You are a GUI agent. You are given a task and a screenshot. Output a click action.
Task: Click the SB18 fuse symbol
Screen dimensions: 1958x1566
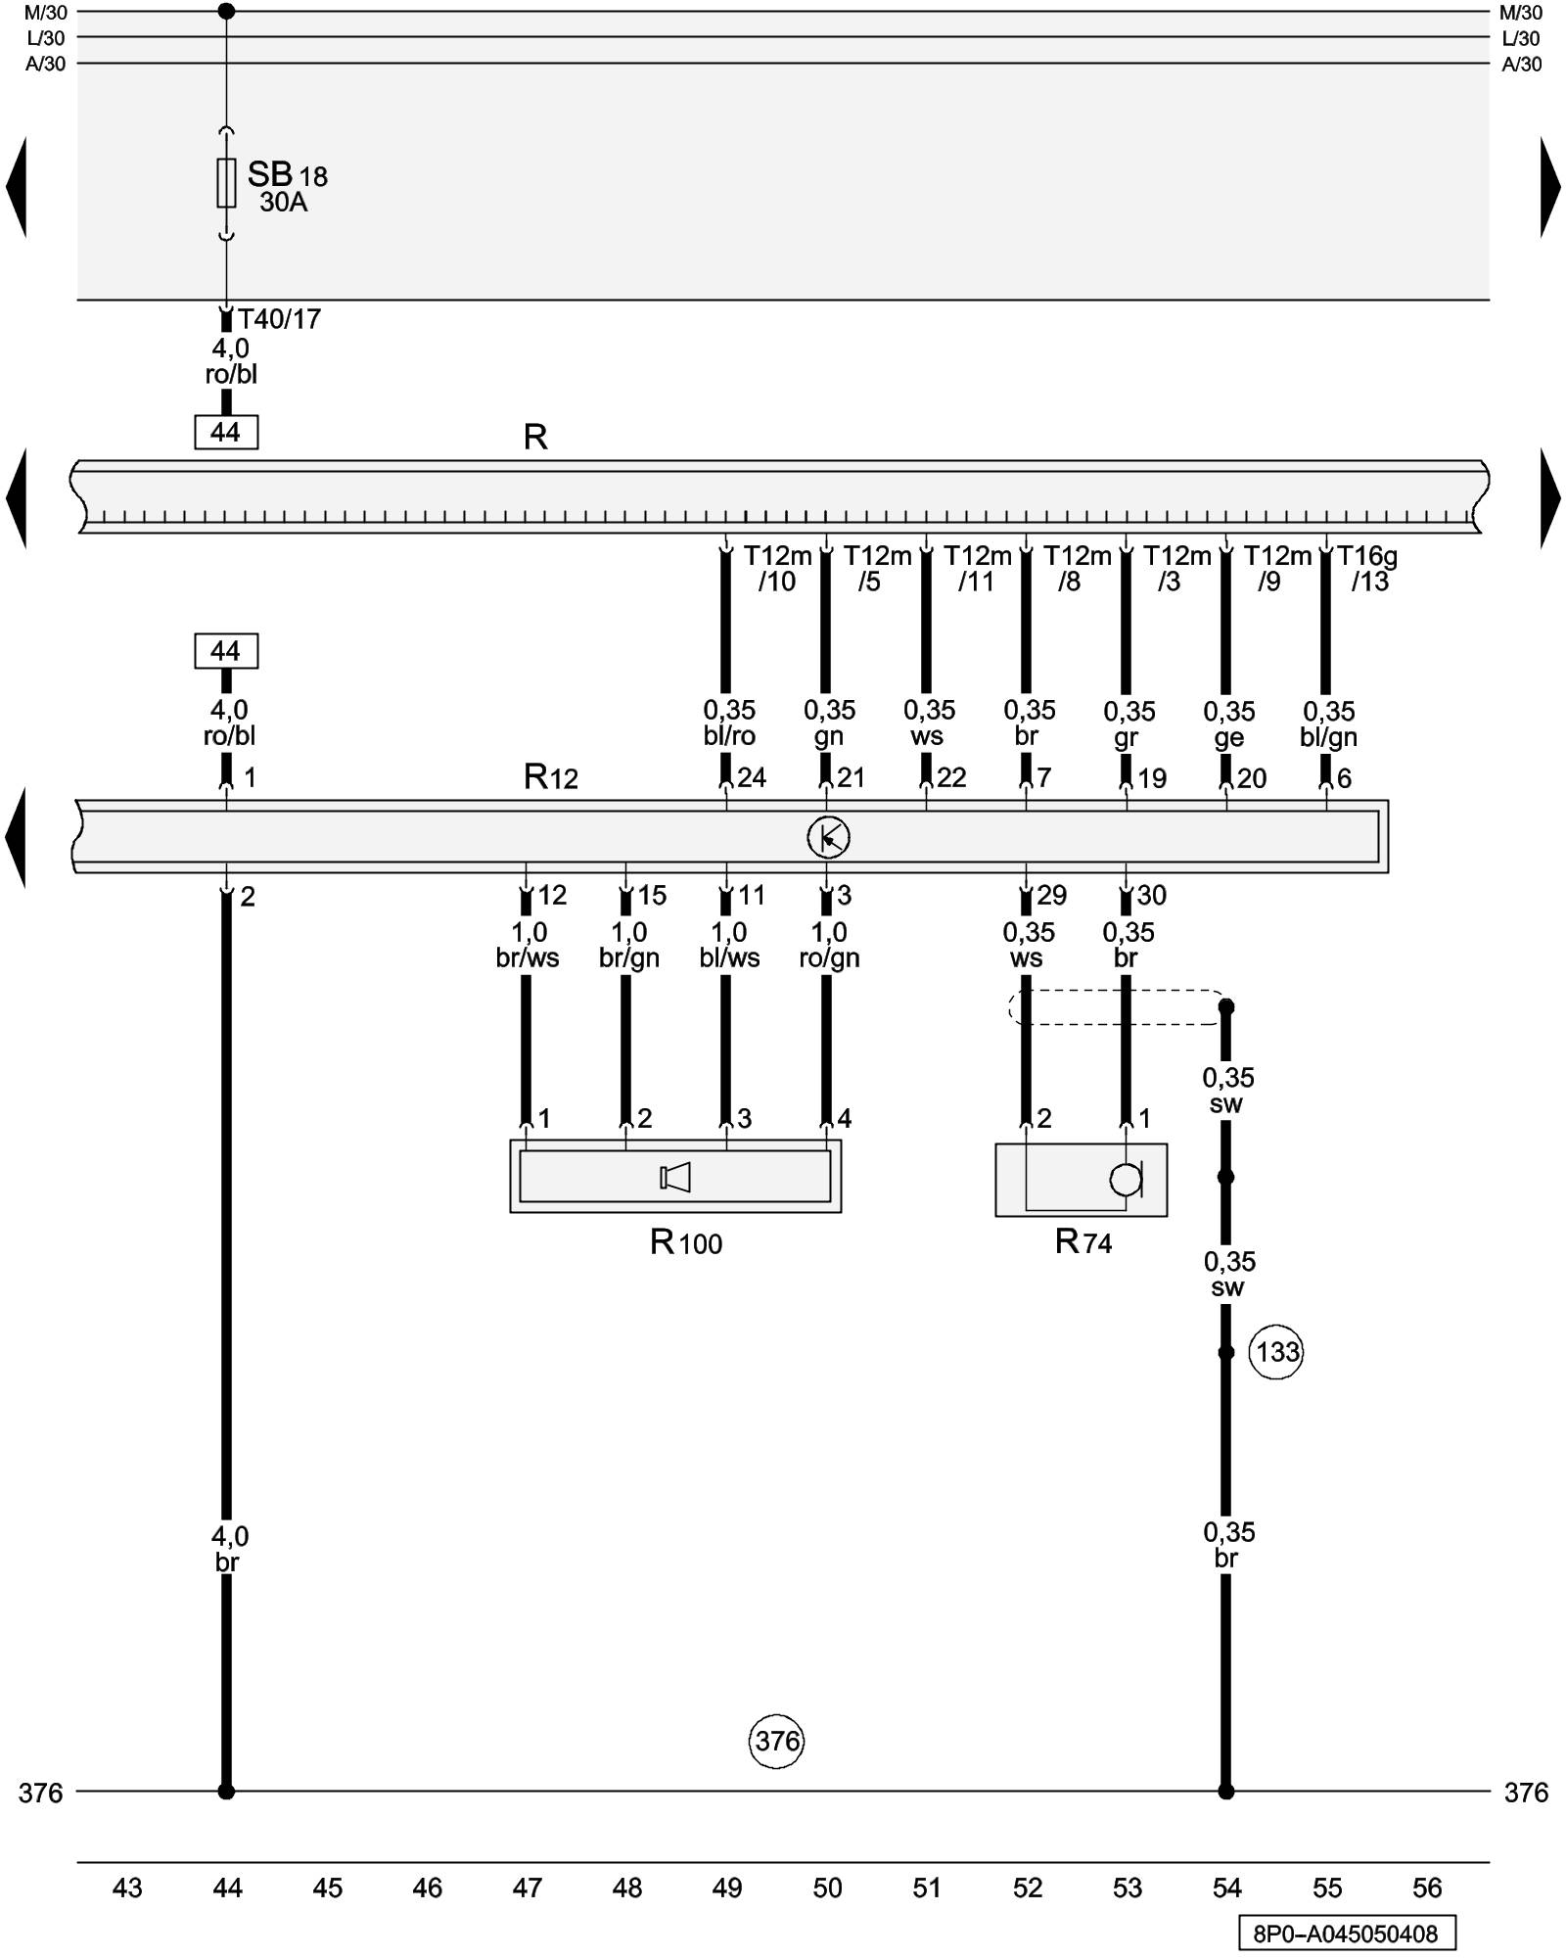click(226, 183)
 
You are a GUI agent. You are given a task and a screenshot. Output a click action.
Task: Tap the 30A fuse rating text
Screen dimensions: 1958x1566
click(283, 203)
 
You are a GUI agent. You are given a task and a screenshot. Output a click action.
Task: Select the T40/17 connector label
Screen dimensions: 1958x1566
click(279, 319)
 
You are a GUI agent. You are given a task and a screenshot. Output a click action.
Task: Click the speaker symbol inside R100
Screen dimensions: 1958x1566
click(675, 1177)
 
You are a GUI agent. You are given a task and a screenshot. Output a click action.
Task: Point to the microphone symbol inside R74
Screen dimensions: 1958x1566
click(1127, 1180)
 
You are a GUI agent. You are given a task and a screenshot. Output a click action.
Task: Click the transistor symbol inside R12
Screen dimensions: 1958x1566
click(828, 837)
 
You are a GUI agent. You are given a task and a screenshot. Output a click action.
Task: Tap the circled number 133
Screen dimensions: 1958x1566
click(1277, 1352)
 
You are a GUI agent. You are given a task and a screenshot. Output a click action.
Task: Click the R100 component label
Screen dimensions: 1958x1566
click(685, 1243)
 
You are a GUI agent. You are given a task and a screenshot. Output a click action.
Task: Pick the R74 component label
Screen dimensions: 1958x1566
click(1082, 1242)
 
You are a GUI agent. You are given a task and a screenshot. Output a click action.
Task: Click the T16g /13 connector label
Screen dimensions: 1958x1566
click(1367, 569)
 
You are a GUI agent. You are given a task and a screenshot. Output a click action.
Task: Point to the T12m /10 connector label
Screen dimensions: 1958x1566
click(777, 569)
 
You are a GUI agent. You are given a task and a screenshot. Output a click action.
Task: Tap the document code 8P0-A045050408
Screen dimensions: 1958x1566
click(1346, 1934)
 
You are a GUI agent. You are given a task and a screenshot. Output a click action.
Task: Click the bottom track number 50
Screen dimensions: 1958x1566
click(827, 1888)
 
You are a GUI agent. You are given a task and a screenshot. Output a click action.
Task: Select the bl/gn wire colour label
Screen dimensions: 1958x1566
click(1328, 737)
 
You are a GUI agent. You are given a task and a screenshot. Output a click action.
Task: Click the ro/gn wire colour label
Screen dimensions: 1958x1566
click(829, 958)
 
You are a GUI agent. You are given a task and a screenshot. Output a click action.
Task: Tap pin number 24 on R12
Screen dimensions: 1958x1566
click(752, 778)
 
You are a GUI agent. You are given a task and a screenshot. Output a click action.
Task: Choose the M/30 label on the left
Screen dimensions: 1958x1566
click(45, 13)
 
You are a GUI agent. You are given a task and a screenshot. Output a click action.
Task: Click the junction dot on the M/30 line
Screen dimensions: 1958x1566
click(226, 12)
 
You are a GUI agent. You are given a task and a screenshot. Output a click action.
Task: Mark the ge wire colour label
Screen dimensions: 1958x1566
click(1228, 737)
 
